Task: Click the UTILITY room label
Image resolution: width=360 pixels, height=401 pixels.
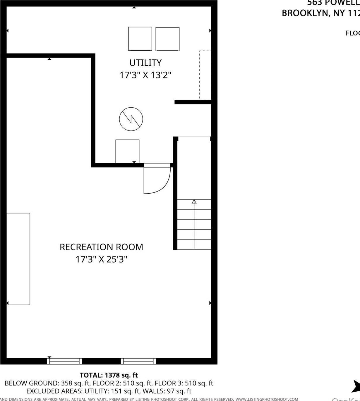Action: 145,63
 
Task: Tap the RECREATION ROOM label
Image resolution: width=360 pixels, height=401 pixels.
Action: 101,247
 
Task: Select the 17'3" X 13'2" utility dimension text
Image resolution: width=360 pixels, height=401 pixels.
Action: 145,75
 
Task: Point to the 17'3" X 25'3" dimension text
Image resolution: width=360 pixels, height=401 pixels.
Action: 101,259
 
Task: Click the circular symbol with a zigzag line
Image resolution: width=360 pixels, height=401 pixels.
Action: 131,119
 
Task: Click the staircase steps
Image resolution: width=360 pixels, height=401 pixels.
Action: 194,224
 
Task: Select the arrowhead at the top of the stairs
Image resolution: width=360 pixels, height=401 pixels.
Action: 194,202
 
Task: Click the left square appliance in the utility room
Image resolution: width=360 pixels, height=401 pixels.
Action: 140,39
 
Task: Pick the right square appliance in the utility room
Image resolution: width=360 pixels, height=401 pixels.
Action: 167,39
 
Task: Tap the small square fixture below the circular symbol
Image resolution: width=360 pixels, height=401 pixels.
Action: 127,151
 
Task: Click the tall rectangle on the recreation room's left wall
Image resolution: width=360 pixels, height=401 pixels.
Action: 18,259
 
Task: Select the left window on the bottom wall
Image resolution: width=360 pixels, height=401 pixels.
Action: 64,361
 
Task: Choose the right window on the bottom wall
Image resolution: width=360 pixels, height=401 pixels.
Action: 138,361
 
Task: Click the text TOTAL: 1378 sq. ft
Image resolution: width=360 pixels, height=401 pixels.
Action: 109,375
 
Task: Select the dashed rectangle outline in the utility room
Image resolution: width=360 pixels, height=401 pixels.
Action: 205,75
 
